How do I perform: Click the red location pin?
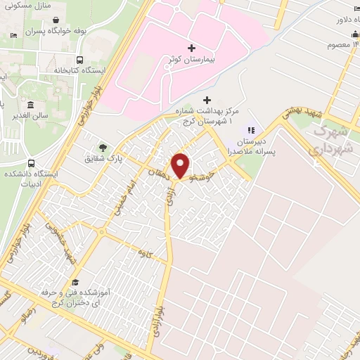coord(181,165)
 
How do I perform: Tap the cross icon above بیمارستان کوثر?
coord(191,46)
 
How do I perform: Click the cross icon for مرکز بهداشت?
coord(206,100)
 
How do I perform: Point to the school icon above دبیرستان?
coord(250,130)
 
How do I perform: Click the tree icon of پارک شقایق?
coord(103,148)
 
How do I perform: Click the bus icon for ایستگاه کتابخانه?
coord(79,60)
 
